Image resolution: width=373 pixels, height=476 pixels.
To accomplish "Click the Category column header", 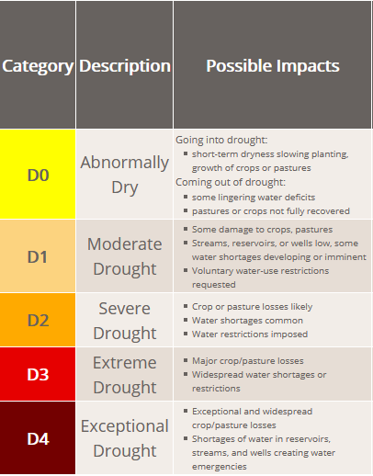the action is point(38,66).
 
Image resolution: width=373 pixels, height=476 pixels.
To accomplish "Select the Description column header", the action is point(125,66).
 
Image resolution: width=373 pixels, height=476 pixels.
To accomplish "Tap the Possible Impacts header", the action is point(273,66).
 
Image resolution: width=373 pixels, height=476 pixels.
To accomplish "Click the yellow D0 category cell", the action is point(38,174).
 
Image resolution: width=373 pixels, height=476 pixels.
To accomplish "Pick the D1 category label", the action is point(38,256).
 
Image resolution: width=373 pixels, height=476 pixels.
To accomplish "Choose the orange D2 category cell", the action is point(38,320).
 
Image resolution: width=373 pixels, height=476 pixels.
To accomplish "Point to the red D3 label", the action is point(38,374).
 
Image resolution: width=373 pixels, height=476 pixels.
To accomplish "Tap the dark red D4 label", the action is point(38,438).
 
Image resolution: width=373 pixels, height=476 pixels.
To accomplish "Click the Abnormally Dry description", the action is point(125,175).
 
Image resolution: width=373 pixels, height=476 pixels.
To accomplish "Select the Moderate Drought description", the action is point(125,256).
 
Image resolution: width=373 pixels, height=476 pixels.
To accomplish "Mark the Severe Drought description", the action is point(125,321).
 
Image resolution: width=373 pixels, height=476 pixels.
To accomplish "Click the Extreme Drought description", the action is point(125,375).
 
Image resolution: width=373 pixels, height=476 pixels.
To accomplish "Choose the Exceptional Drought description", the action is point(125,438).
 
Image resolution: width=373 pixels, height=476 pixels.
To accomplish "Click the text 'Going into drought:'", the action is point(221,140).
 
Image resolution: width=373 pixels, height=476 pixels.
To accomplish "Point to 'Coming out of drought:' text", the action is point(231,182).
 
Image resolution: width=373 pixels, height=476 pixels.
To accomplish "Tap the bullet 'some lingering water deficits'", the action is point(254,198).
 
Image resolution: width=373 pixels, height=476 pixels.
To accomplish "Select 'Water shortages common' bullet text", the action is point(247,321).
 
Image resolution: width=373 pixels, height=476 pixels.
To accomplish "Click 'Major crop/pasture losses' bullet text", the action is point(248,361).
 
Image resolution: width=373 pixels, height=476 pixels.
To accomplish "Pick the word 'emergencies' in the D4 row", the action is point(220,467).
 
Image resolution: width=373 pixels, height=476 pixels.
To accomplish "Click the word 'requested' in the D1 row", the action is point(214,285).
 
